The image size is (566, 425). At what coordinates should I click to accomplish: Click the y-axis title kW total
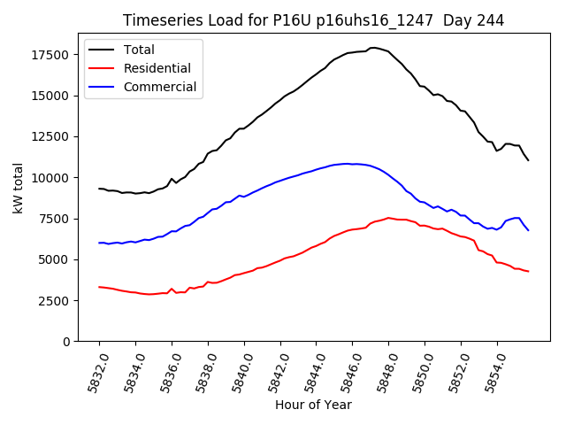pyautogui.click(x=18, y=189)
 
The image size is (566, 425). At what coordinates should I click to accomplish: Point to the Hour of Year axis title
pyautogui.click(x=313, y=405)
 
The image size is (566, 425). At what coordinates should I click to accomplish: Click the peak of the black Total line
pyautogui.click(x=373, y=47)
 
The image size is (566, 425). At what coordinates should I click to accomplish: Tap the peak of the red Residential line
pyautogui.click(x=388, y=217)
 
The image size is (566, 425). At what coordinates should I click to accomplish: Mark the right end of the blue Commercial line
pyautogui.click(x=528, y=230)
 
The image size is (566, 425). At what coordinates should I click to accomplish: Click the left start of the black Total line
pyautogui.click(x=99, y=189)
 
